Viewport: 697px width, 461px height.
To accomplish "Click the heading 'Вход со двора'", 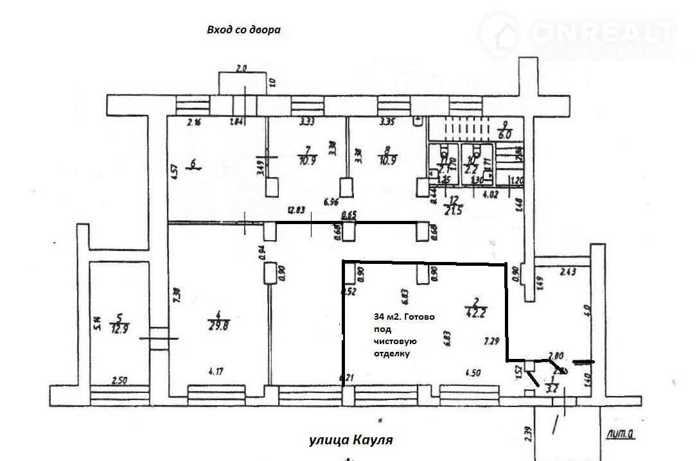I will tap(243, 30).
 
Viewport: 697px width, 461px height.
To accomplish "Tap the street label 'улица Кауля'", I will tap(350, 440).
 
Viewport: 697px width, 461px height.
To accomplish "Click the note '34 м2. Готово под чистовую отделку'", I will tap(403, 335).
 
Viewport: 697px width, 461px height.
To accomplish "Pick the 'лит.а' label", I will tap(620, 435).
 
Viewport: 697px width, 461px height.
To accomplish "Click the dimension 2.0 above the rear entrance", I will tap(242, 67).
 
